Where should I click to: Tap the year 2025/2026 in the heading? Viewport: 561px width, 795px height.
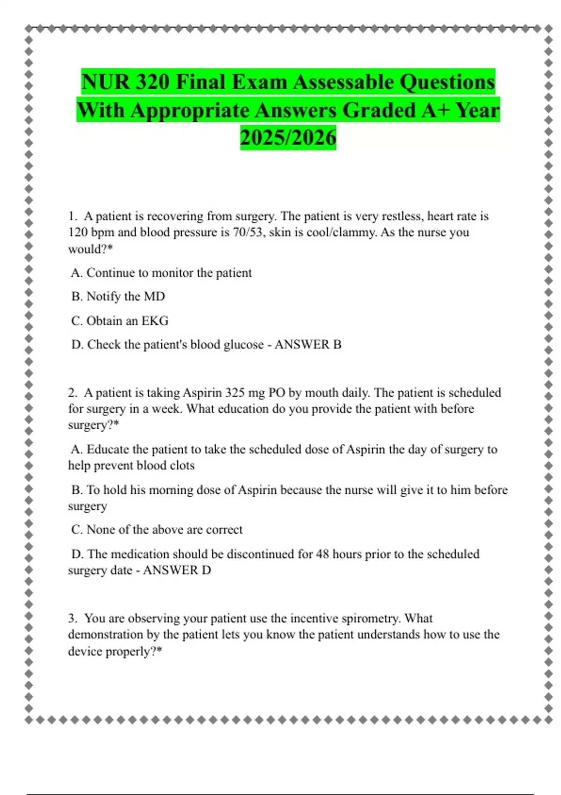(288, 138)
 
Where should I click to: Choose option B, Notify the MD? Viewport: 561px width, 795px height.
(118, 296)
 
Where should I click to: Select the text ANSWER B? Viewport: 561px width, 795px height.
(308, 345)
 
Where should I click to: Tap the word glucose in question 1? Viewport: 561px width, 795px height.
(244, 345)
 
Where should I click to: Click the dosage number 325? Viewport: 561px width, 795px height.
(235, 392)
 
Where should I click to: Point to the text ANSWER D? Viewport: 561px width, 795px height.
(177, 570)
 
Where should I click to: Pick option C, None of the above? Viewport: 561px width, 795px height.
(157, 530)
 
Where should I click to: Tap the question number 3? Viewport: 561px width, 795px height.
(72, 618)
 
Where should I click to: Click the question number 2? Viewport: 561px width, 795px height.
(72, 392)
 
